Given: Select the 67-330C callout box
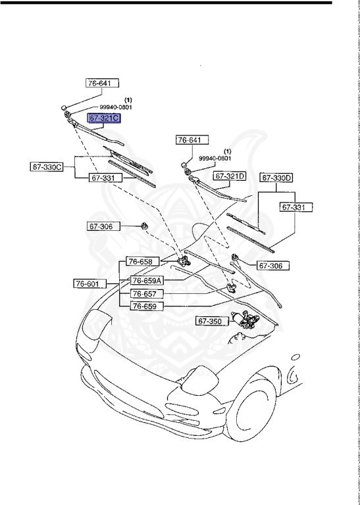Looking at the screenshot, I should [47, 166].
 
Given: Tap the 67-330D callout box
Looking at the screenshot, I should [276, 178].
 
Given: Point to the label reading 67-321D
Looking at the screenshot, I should [230, 176].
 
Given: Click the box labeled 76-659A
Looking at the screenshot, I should [147, 279].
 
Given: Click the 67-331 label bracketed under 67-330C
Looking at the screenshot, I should [105, 178].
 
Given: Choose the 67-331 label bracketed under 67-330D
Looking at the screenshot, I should [295, 207].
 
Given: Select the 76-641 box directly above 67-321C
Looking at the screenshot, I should [102, 84].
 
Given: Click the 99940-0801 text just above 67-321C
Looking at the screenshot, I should [116, 107].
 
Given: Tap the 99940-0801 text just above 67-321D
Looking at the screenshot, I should [215, 158].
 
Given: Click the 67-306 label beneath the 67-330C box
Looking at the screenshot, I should [101, 226].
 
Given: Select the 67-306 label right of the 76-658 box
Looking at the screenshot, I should [273, 266].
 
